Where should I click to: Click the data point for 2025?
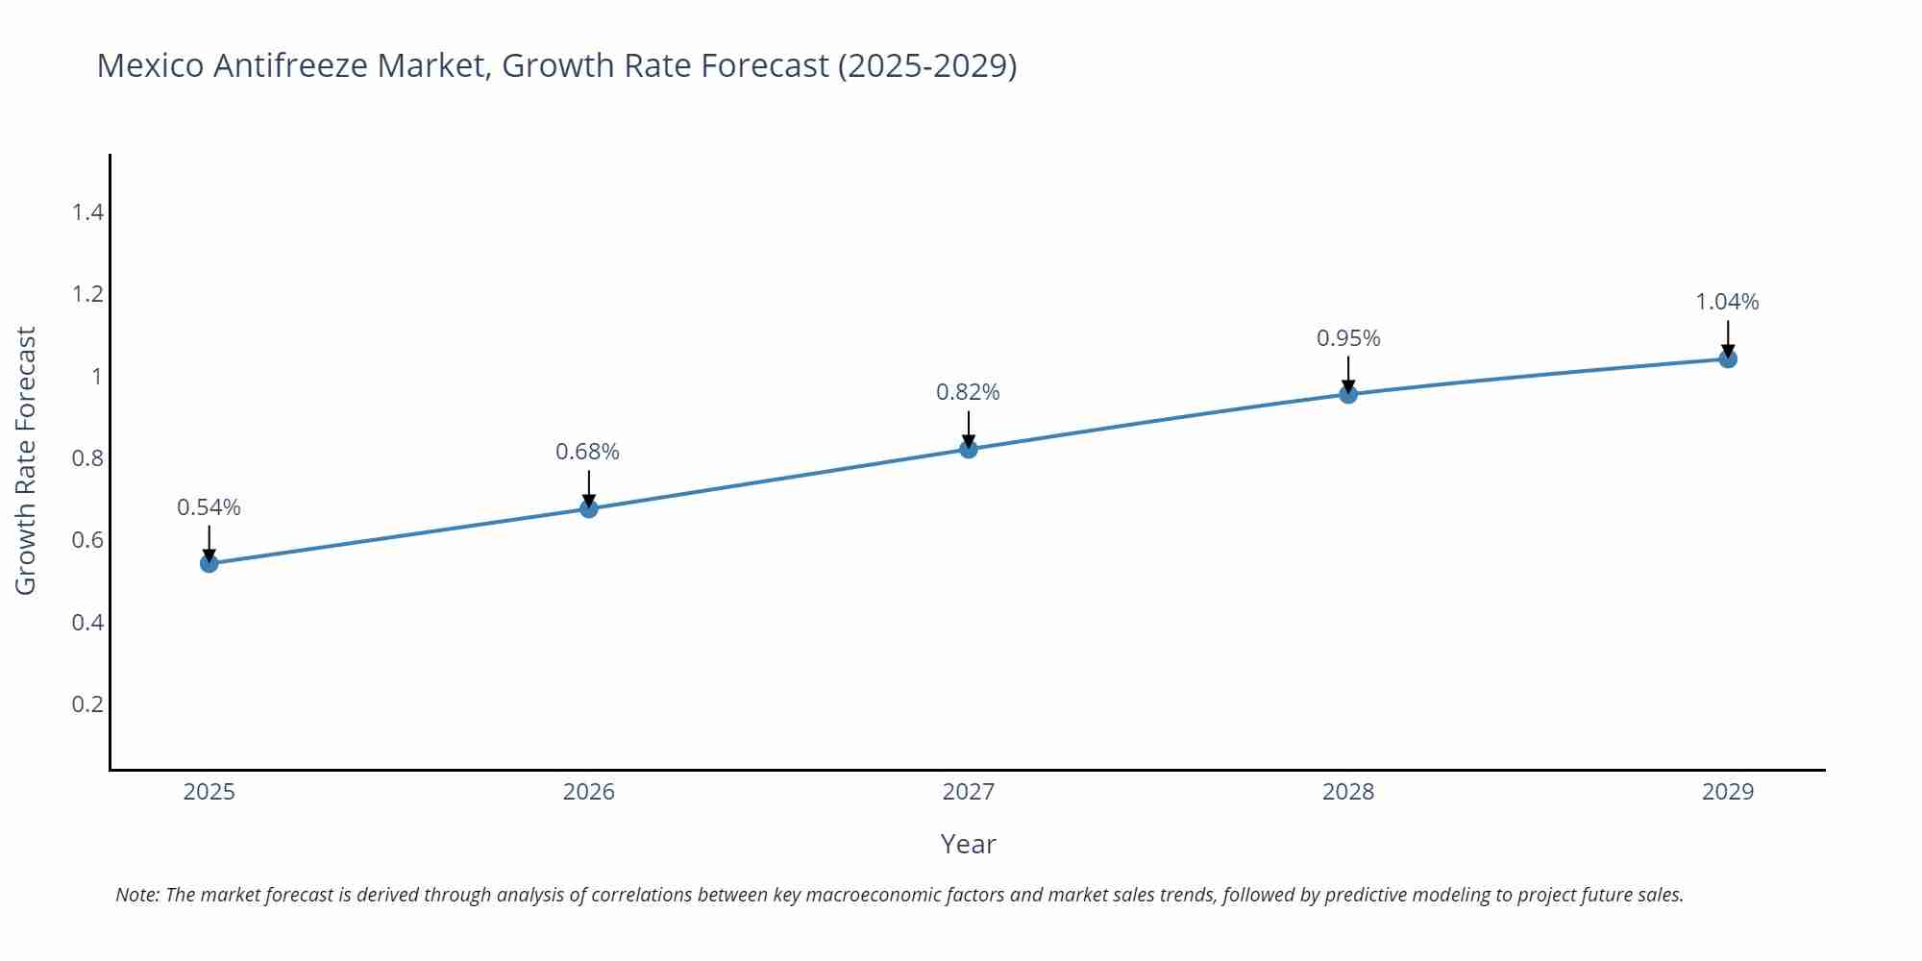209,563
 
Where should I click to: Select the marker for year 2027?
968,449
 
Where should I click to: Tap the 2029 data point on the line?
1727,359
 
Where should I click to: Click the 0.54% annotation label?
209,507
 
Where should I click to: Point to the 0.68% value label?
587,452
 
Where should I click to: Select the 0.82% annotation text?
968,392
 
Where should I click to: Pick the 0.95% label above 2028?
1347,338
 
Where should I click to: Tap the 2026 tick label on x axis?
588,792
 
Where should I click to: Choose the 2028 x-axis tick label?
1347,792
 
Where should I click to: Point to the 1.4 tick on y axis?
87,212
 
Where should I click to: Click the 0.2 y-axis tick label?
87,704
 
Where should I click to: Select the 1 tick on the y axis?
96,376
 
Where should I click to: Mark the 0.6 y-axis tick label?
87,540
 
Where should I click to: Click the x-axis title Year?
968,844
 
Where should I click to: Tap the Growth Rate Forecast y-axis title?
26,460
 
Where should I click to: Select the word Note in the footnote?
136,895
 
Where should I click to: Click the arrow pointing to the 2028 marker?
1347,375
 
